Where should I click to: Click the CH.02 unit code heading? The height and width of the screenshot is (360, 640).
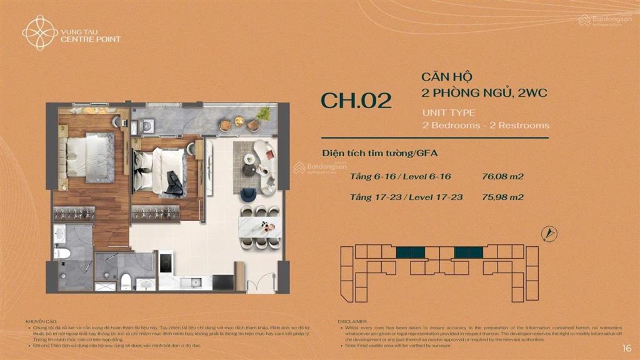(x=356, y=101)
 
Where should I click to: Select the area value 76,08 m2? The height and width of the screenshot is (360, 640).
(x=503, y=176)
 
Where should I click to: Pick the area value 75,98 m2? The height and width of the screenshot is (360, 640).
(x=503, y=197)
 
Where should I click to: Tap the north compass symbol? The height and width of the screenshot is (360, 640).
(x=549, y=234)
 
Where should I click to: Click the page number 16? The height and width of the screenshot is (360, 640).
(x=626, y=347)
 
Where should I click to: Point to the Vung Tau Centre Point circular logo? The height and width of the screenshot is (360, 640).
(x=31, y=32)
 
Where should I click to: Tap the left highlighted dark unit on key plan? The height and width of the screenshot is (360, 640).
(x=411, y=252)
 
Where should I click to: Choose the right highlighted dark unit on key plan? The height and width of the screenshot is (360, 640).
(x=468, y=252)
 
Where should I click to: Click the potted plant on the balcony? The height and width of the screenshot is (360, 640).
(x=264, y=113)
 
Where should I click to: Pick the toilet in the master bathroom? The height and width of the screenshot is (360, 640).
(x=61, y=253)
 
